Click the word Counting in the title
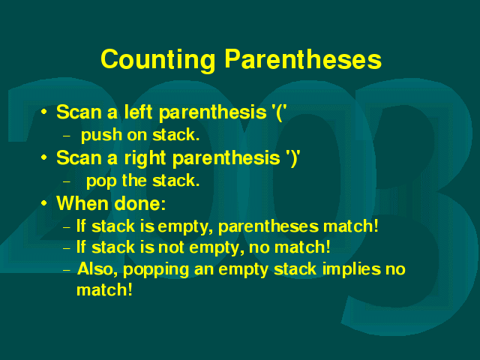point(158,61)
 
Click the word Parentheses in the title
point(303,59)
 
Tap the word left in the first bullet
point(138,112)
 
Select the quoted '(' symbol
point(279,112)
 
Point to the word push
point(101,136)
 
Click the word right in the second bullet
point(145,159)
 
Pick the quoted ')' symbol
point(292,158)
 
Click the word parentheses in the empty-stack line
point(264,227)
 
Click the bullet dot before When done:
point(44,202)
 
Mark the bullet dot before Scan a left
point(44,112)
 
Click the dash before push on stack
point(67,136)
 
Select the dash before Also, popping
point(67,270)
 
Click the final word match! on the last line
point(104,290)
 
